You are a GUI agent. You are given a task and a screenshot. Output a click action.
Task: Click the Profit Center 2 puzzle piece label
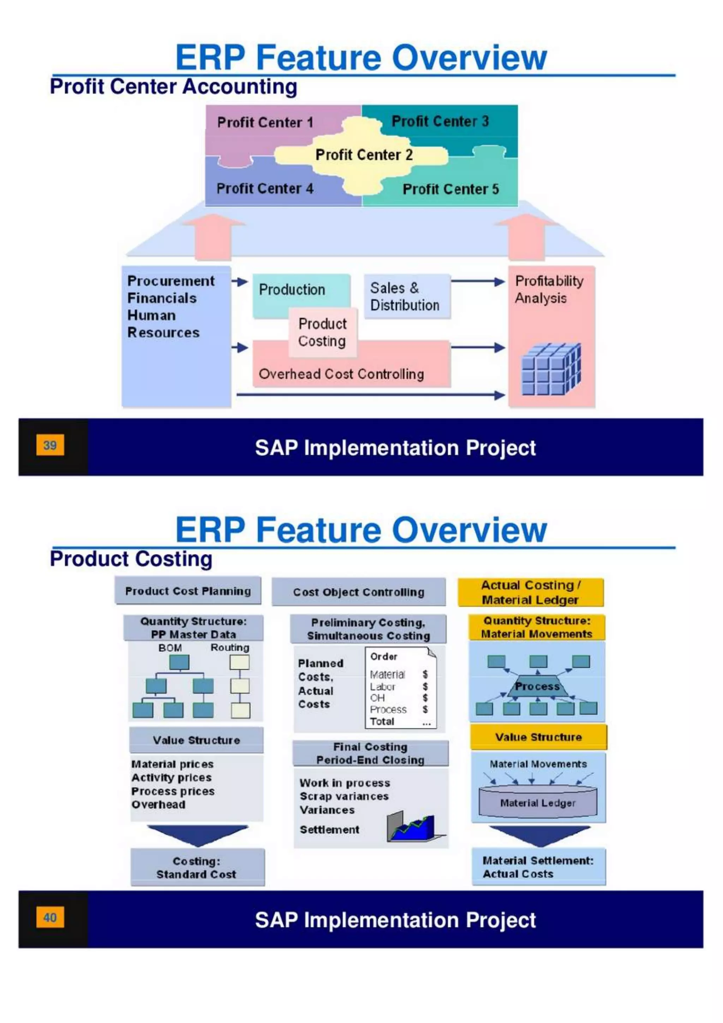click(364, 155)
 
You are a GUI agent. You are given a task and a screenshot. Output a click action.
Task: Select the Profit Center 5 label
click(450, 189)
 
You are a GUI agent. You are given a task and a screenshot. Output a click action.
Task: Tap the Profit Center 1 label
click(265, 122)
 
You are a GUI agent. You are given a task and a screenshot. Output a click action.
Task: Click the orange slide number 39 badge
click(50, 445)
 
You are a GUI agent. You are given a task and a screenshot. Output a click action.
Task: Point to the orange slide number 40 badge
click(50, 917)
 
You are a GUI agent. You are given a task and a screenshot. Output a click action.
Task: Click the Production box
click(292, 290)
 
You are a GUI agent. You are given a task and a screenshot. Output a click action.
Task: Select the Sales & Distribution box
click(405, 296)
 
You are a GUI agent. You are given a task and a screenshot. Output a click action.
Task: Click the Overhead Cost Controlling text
click(341, 374)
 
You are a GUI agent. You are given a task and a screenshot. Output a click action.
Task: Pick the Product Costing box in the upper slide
click(322, 332)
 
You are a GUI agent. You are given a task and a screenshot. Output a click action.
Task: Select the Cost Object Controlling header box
click(358, 592)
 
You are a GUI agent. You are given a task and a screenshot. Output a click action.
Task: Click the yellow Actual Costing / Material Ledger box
click(530, 592)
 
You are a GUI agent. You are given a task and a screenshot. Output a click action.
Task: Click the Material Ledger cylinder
click(538, 803)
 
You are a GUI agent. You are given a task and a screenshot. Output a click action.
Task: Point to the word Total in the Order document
click(382, 721)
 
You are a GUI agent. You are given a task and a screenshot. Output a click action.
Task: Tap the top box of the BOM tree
click(179, 662)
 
